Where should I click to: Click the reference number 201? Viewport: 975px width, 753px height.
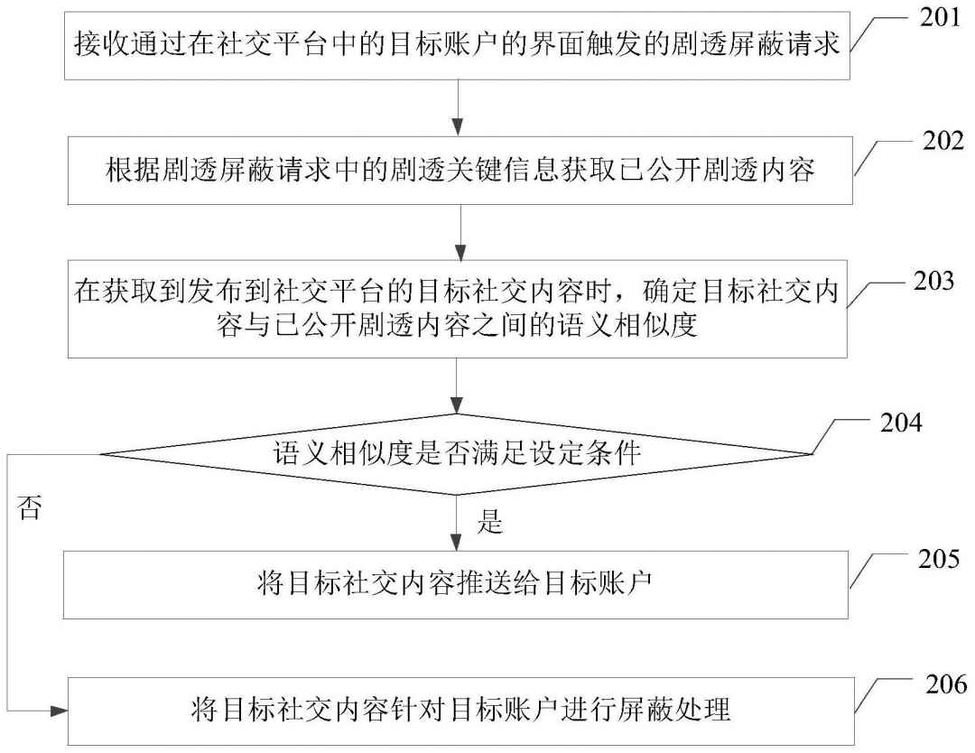pos(938,18)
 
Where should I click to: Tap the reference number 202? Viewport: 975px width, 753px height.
pos(938,141)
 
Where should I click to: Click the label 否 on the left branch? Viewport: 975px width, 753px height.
pos(30,509)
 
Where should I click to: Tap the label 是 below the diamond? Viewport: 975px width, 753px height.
pos(489,523)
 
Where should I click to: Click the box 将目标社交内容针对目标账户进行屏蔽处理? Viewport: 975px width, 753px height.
pos(457,709)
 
